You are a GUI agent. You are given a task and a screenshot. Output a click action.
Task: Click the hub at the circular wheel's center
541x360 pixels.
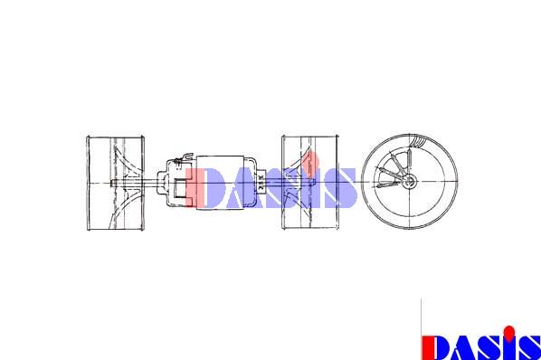(x=410, y=181)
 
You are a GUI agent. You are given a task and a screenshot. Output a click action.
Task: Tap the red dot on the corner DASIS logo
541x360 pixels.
(x=508, y=332)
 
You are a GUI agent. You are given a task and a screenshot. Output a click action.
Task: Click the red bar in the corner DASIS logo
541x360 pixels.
(x=426, y=347)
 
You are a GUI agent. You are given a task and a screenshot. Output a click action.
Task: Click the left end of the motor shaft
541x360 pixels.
(x=112, y=184)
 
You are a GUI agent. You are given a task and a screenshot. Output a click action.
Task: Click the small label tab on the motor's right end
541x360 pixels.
(x=261, y=183)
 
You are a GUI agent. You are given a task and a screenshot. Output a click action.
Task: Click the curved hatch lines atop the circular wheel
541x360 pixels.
(x=416, y=141)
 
